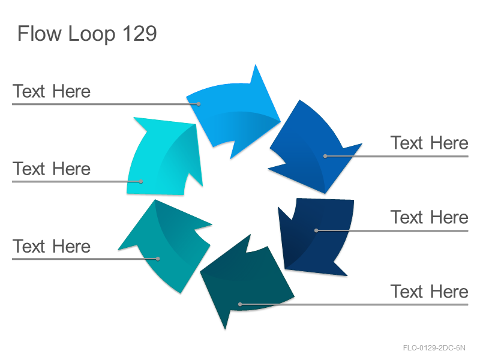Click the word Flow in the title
[x=39, y=34]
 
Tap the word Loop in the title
[x=92, y=34]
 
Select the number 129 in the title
[x=140, y=34]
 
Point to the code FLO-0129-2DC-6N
[x=434, y=348]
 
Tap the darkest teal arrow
[x=245, y=281]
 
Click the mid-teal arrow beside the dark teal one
[x=166, y=245]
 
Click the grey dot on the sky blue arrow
[x=199, y=104]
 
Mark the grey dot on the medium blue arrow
[x=325, y=156]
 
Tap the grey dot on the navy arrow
[x=317, y=230]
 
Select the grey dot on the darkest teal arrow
[x=241, y=304]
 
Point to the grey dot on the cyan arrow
[x=141, y=182]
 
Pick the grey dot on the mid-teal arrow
[x=158, y=259]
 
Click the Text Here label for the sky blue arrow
[x=52, y=91]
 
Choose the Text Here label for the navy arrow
[x=429, y=217]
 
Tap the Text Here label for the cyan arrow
[x=52, y=169]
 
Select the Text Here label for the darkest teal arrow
[x=429, y=291]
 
